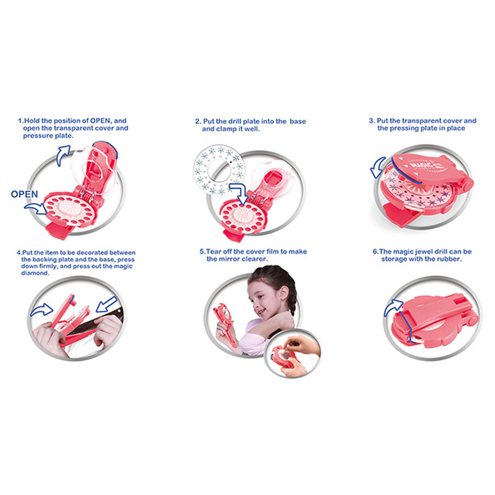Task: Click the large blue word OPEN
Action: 24,194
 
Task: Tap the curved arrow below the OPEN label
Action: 36,208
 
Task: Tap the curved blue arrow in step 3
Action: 378,168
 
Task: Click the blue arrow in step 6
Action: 393,307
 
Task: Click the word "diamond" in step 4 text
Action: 35,273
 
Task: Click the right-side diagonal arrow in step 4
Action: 107,304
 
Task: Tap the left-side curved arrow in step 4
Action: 42,309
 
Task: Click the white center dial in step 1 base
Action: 68,208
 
